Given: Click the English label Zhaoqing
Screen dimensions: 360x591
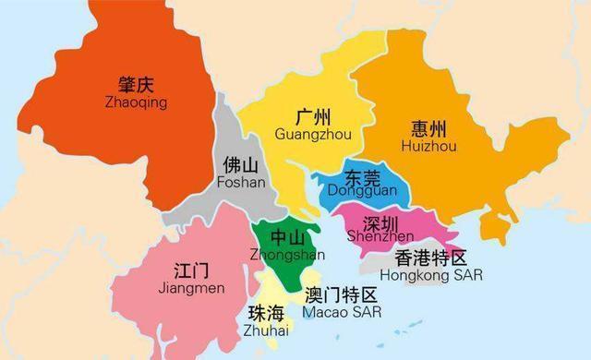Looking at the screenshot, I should click(136, 102).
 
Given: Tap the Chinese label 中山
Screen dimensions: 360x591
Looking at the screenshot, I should click(279, 238).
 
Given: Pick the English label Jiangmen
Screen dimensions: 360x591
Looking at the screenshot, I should click(192, 289).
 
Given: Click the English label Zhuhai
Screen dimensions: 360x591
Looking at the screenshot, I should click(267, 330).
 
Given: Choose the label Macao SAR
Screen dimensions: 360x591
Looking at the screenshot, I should click(343, 312).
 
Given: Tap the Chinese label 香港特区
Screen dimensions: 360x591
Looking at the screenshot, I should click(431, 258).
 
